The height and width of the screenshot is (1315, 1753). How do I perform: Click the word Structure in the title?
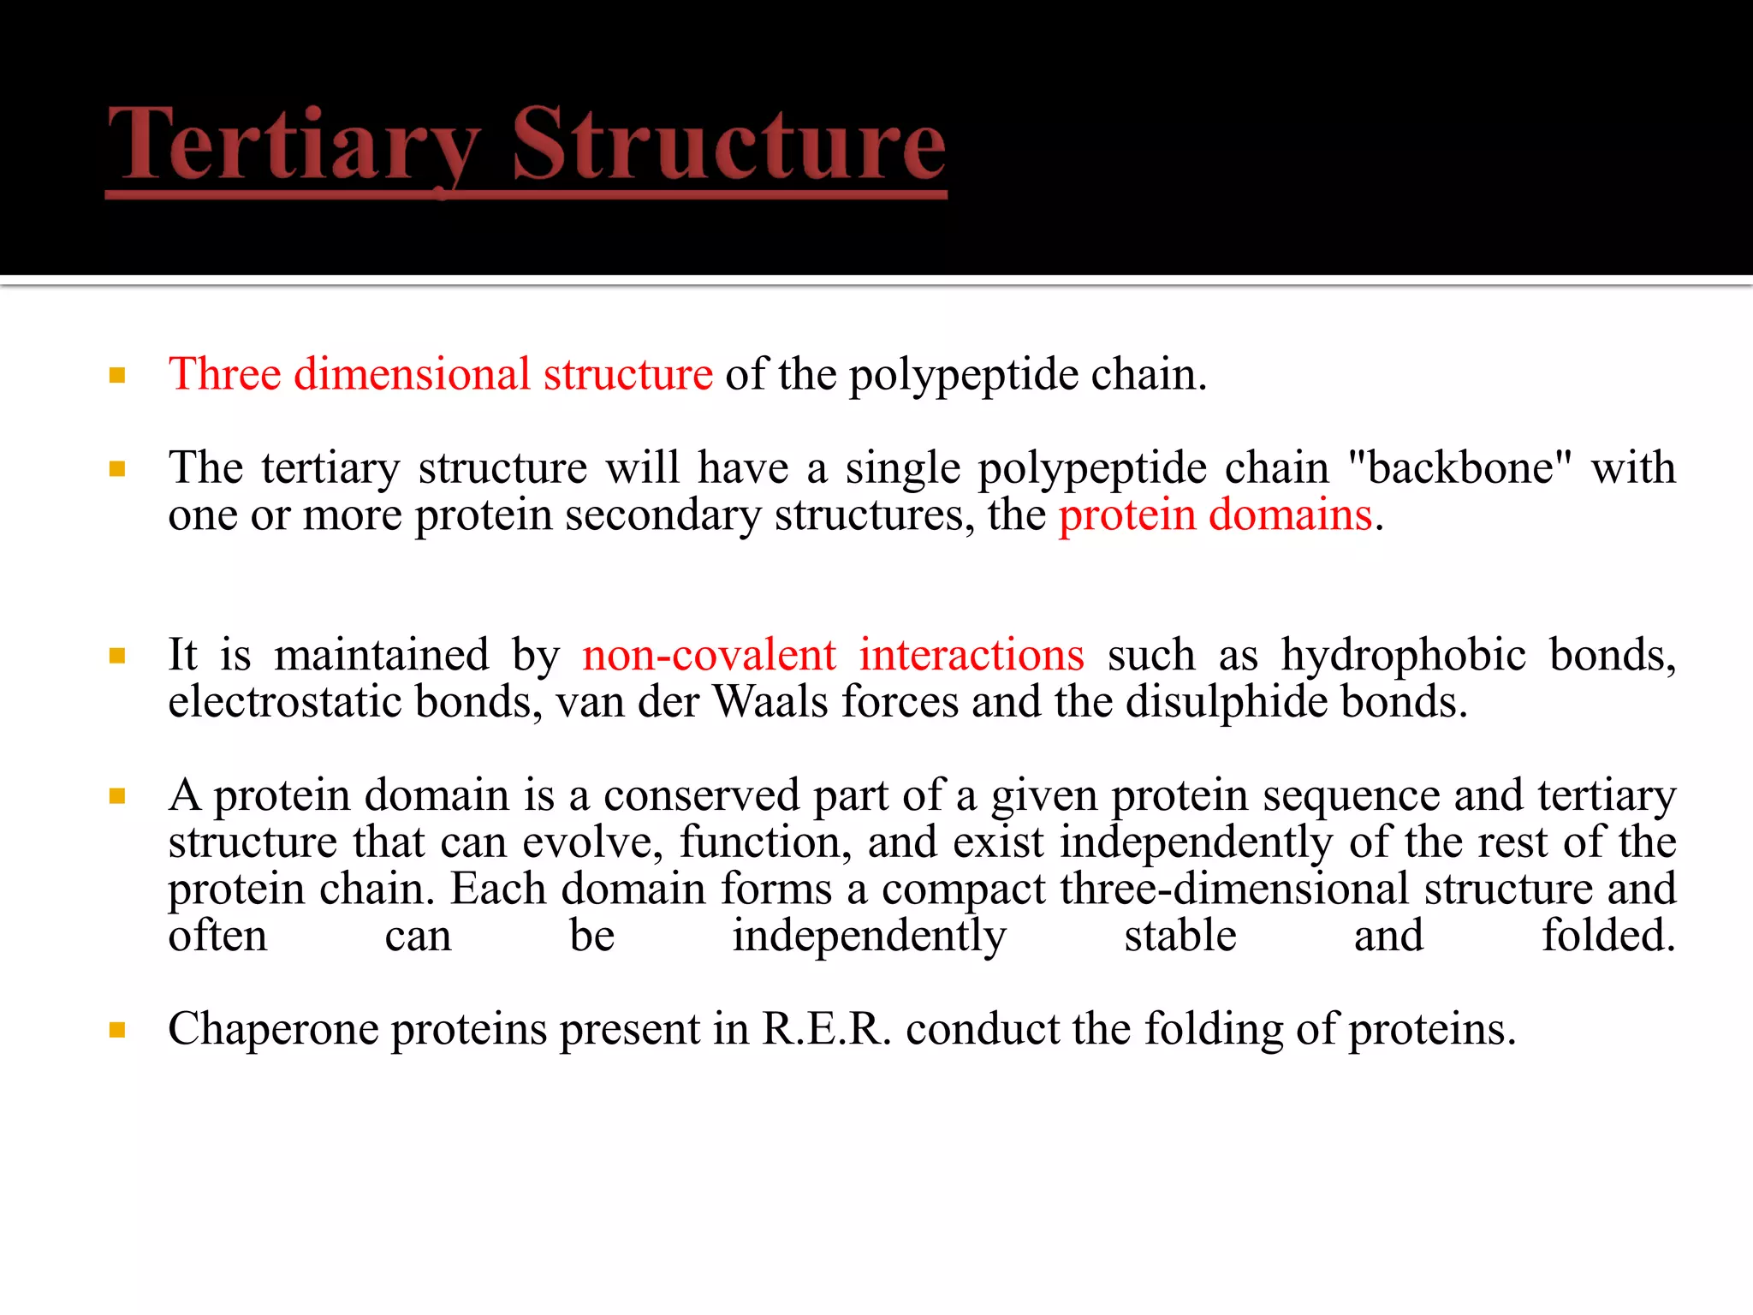click(728, 144)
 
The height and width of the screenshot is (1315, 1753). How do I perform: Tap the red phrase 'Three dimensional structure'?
click(440, 374)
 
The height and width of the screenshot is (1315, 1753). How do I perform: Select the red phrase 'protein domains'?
click(1215, 515)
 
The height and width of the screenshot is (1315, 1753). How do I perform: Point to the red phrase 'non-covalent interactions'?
click(833, 655)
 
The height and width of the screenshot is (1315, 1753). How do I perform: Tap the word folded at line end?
click(1608, 936)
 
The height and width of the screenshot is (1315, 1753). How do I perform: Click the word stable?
click(1180, 936)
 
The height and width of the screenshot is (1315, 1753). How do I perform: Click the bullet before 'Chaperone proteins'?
click(118, 1030)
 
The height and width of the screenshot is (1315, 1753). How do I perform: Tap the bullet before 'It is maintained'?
click(118, 657)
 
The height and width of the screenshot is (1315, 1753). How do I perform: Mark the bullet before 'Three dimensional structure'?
click(118, 375)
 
